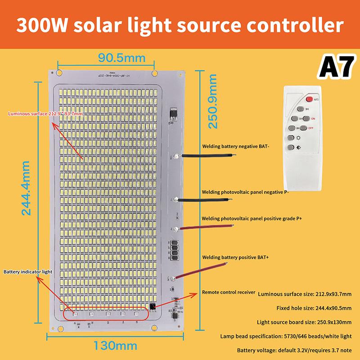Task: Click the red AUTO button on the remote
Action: point(310,99)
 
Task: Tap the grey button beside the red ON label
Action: point(306,118)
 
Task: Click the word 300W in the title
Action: point(42,26)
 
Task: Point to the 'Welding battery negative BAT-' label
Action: point(235,146)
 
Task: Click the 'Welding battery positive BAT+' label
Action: point(235,257)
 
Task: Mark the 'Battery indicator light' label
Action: point(28,272)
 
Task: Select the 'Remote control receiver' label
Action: point(229,292)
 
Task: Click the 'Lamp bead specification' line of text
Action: point(286,336)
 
